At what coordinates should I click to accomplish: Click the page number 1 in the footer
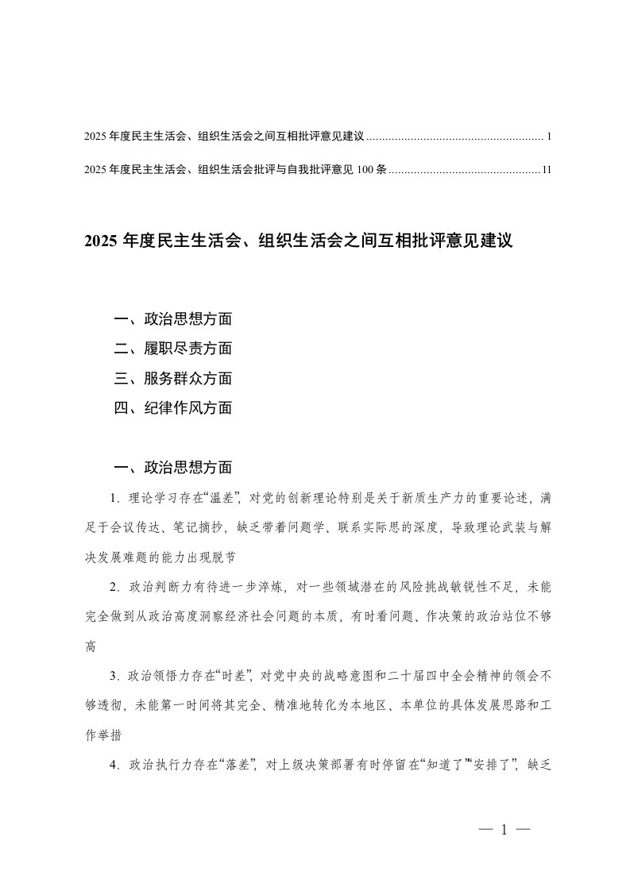click(504, 831)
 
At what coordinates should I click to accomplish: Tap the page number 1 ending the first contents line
click(549, 137)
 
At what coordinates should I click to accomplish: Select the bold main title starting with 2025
click(298, 241)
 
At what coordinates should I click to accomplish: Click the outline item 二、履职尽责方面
click(173, 349)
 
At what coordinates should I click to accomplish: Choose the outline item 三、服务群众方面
click(173, 379)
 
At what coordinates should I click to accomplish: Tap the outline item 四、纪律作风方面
click(173, 408)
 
